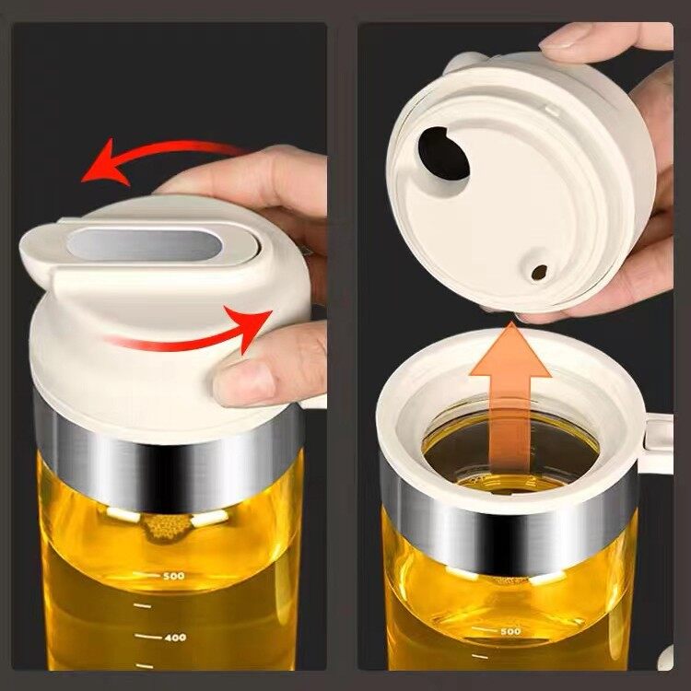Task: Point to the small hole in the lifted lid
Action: coord(538,272)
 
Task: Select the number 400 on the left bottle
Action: coord(175,637)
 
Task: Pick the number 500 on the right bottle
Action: coord(509,632)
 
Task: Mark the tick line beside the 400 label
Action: coord(143,637)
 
